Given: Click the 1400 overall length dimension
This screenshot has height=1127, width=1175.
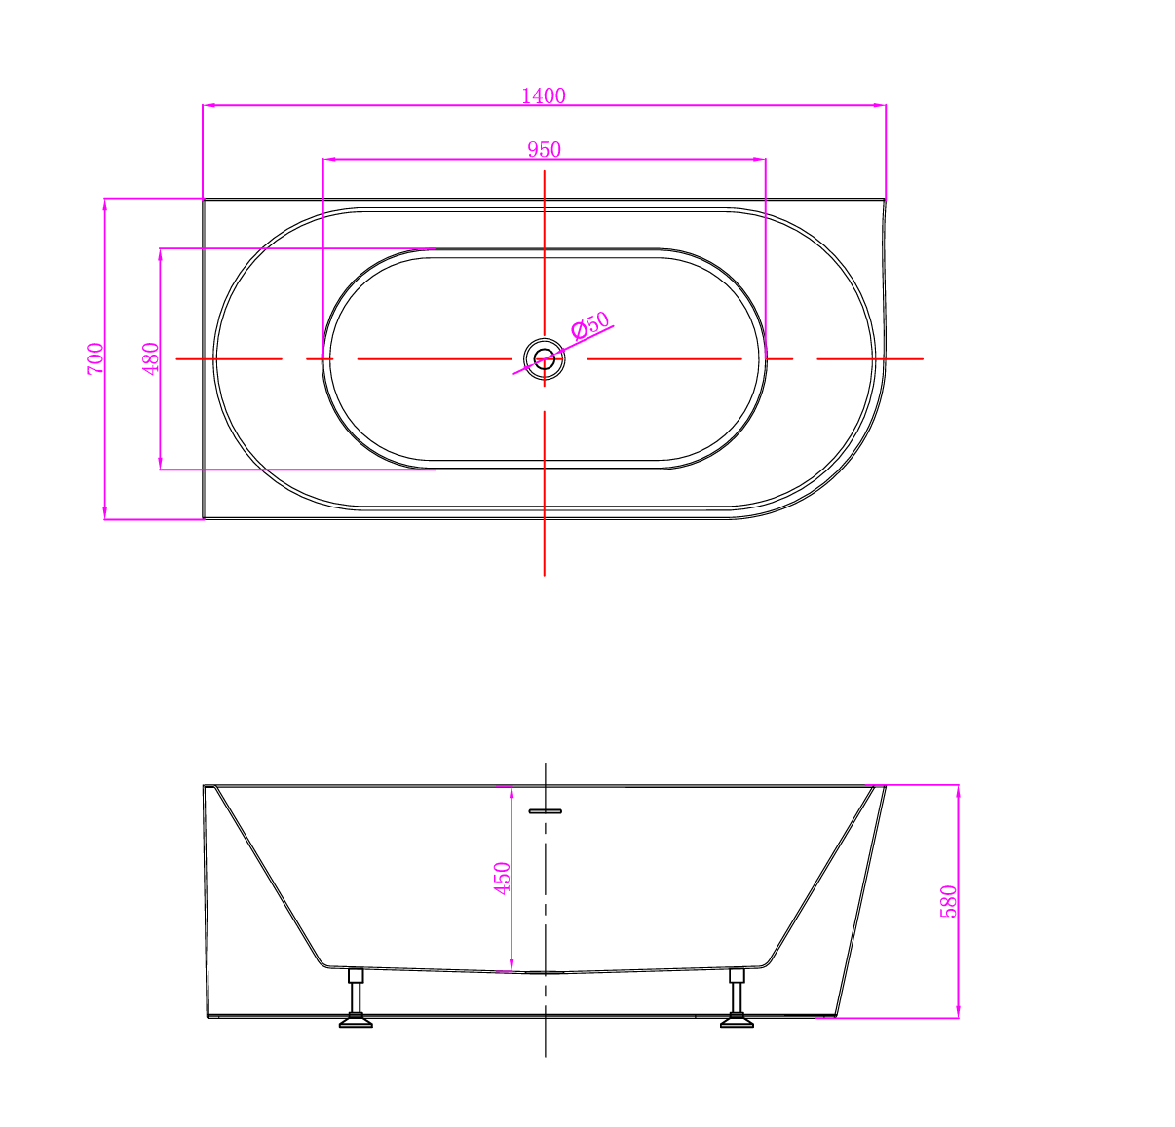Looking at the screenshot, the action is (x=543, y=96).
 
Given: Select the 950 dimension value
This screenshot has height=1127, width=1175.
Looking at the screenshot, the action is (x=544, y=150).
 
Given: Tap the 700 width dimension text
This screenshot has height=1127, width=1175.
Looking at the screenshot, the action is (x=95, y=358).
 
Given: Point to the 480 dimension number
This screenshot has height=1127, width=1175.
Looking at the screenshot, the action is (x=151, y=358).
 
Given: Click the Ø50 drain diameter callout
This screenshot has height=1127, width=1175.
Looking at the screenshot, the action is (x=590, y=325).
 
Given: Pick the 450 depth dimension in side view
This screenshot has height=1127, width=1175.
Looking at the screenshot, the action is (x=503, y=879).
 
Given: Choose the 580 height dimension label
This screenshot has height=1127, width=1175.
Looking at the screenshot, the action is (x=949, y=901).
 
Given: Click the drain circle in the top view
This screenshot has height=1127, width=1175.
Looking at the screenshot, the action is (x=544, y=359).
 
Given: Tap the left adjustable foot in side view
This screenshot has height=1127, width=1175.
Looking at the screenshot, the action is (x=356, y=997).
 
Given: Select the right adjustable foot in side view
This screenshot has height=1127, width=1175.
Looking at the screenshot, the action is (x=737, y=997).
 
